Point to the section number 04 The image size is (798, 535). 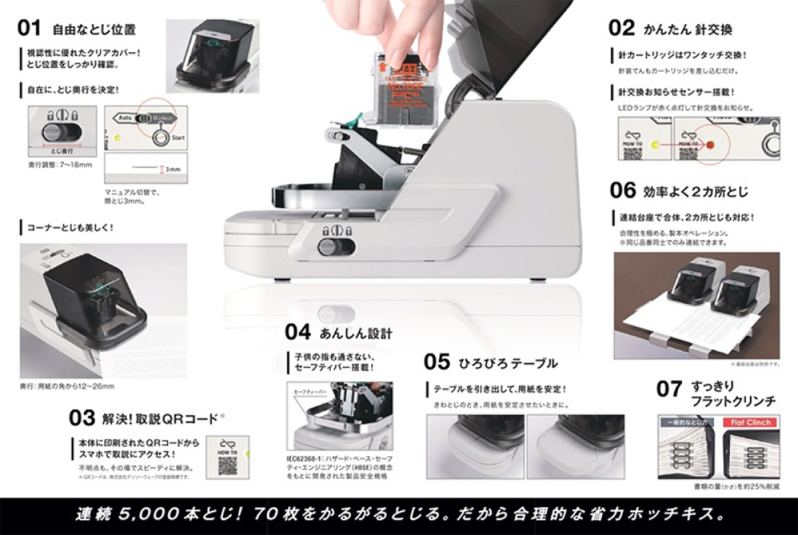pos(299,331)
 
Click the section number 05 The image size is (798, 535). pos(438,362)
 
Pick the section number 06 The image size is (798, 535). pos(623,191)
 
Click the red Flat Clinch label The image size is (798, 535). pos(750,423)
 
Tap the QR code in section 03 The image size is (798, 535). pos(227,464)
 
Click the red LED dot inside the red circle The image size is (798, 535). pos(710,144)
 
